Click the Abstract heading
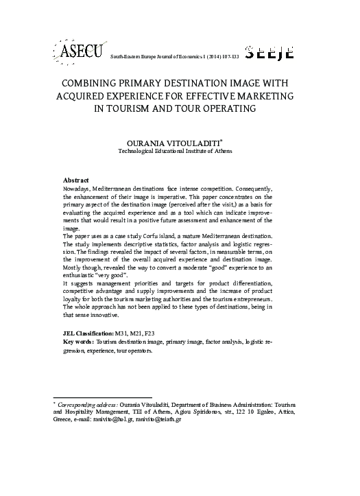(x=76, y=179)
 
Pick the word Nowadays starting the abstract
(x=79, y=188)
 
